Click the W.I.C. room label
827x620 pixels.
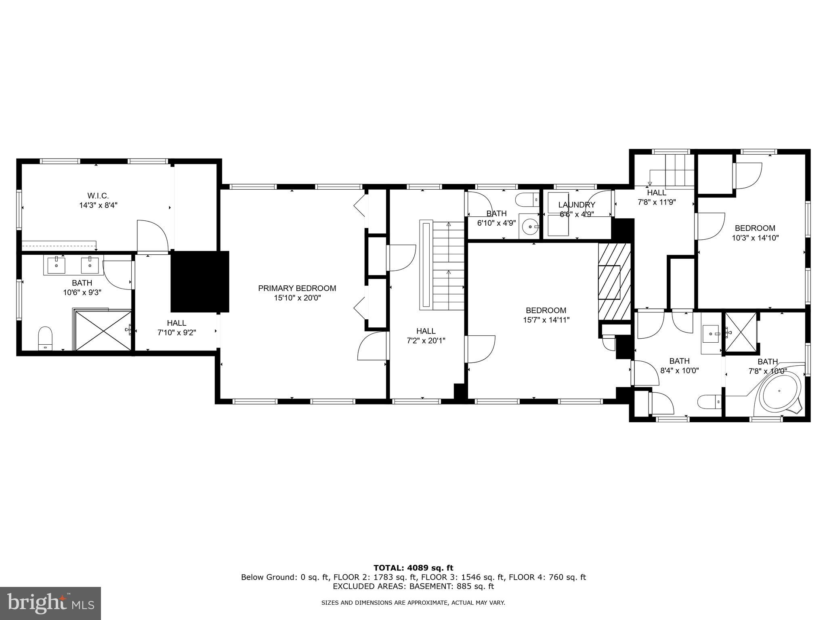pyautogui.click(x=98, y=196)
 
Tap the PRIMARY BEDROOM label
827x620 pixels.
pyautogui.click(x=297, y=288)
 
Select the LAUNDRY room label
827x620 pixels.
pyautogui.click(x=576, y=205)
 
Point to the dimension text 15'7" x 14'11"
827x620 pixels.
pyautogui.click(x=546, y=320)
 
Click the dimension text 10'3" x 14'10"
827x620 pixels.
pyautogui.click(x=755, y=238)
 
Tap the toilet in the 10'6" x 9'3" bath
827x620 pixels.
pyautogui.click(x=45, y=338)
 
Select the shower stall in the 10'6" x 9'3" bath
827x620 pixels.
pyautogui.click(x=104, y=330)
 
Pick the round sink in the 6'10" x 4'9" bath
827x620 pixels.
pyautogui.click(x=529, y=228)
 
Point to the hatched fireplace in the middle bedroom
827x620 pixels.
pyautogui.click(x=614, y=281)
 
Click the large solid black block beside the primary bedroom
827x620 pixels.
pyautogui.click(x=199, y=281)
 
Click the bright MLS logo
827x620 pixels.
pyautogui.click(x=50, y=604)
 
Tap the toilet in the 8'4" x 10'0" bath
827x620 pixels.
pyautogui.click(x=709, y=402)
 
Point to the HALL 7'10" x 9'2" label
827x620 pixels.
pyautogui.click(x=176, y=328)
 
